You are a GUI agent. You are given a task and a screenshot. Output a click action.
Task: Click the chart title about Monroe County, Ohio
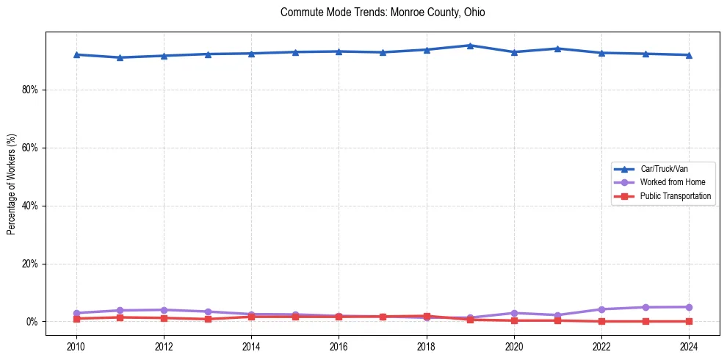tap(383, 12)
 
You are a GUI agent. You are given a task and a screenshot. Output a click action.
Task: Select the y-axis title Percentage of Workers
tap(11, 184)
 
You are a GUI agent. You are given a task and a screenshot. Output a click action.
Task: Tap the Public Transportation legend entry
tap(675, 196)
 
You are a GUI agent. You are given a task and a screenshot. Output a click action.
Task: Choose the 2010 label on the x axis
tap(76, 346)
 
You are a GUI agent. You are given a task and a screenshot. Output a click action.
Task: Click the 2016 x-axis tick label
tap(339, 346)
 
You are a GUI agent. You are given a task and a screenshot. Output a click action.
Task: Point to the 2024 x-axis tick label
tap(689, 346)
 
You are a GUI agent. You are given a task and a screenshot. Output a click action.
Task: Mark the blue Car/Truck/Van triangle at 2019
tap(470, 46)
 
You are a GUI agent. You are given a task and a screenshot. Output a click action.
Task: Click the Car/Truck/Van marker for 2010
tap(76, 54)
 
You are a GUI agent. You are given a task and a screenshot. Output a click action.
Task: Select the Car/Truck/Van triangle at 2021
tap(557, 48)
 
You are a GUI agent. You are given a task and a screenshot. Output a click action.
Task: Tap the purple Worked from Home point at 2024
tap(689, 307)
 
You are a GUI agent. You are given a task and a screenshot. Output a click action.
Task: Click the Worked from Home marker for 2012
tap(164, 310)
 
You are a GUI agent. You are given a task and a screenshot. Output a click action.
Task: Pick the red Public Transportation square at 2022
tap(601, 321)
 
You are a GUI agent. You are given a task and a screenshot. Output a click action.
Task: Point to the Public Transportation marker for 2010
tap(76, 319)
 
